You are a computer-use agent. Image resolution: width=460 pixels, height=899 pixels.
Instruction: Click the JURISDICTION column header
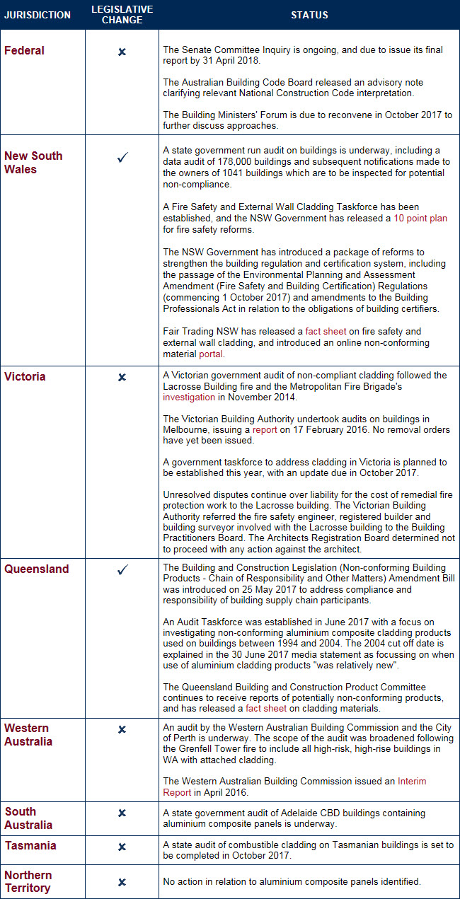click(x=38, y=15)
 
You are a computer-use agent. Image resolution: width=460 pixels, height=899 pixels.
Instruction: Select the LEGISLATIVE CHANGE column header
click(x=122, y=15)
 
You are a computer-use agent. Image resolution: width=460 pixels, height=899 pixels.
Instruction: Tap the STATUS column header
click(x=309, y=15)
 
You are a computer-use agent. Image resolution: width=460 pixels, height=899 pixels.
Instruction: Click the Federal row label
click(x=24, y=51)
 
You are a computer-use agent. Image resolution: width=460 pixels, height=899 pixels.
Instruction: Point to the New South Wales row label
click(x=33, y=163)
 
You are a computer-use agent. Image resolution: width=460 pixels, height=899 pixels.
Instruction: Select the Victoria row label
click(x=25, y=377)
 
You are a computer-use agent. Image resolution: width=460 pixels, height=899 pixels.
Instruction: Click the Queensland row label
click(x=37, y=569)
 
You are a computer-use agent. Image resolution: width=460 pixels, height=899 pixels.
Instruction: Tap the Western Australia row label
click(x=28, y=735)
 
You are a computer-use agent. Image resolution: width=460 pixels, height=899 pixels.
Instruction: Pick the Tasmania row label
click(x=30, y=846)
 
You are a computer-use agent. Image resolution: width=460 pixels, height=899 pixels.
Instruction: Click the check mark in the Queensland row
click(x=122, y=569)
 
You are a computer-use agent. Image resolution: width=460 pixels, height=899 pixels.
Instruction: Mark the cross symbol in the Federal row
click(x=122, y=52)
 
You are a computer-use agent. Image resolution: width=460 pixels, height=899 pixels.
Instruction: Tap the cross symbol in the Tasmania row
click(x=122, y=847)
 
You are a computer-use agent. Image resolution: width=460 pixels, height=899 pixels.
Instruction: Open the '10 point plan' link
click(x=420, y=219)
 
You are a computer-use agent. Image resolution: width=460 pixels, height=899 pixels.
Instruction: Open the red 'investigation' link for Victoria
click(x=188, y=398)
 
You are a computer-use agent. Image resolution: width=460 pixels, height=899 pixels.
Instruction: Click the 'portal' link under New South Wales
click(x=210, y=354)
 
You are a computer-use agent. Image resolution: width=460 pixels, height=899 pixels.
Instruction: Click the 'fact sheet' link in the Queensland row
click(x=264, y=708)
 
